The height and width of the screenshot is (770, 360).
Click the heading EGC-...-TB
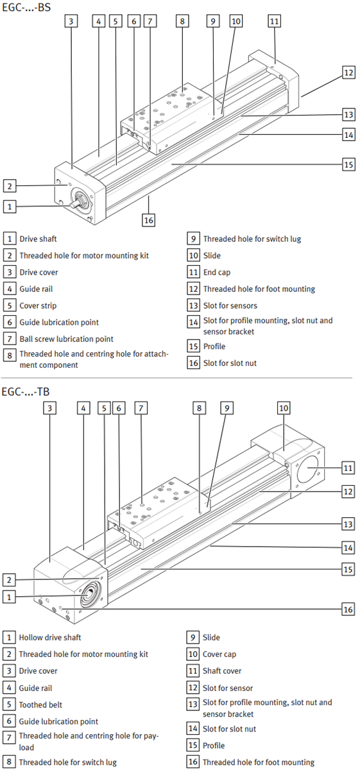tap(27, 391)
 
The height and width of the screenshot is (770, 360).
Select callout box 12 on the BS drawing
tap(348, 73)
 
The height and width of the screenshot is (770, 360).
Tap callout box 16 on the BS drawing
tap(149, 220)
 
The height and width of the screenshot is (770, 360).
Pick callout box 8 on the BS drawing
tap(182, 21)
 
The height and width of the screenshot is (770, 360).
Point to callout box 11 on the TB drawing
tap(348, 468)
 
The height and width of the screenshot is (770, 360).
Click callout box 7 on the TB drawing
tap(141, 407)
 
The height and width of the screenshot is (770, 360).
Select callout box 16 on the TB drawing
tap(348, 609)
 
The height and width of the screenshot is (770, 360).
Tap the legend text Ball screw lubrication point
tap(66, 339)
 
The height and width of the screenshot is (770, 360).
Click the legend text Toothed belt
tap(40, 705)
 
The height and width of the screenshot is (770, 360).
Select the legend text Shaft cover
tap(222, 671)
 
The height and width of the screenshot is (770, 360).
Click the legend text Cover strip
tap(37, 305)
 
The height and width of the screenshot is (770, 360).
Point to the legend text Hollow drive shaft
tap(50, 638)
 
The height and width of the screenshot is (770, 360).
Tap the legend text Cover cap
tap(220, 654)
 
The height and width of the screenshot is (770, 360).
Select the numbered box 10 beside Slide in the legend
tap(193, 255)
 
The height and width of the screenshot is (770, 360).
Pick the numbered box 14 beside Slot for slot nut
tap(193, 729)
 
